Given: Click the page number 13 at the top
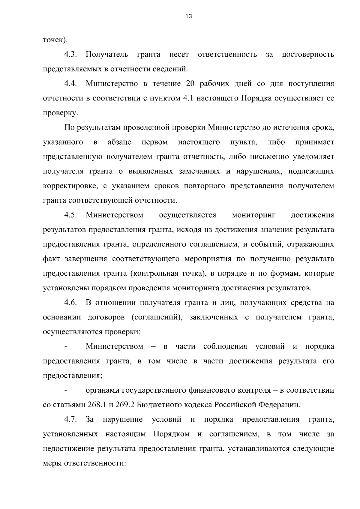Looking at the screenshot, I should pyautogui.click(x=189, y=16).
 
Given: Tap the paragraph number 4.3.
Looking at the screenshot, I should pyautogui.click(x=70, y=55).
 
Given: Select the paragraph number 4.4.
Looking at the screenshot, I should pyautogui.click(x=70, y=84).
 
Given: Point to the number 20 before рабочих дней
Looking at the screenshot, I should pyautogui.click(x=191, y=84).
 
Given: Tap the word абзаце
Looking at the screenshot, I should pyautogui.click(x=119, y=142).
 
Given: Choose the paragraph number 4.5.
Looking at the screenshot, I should pyautogui.click(x=70, y=215).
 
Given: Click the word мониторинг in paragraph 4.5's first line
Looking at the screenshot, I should pyautogui.click(x=254, y=215).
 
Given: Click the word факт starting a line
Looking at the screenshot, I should pyautogui.click(x=51, y=259).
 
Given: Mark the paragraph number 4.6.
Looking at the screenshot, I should pyautogui.click(x=70, y=303).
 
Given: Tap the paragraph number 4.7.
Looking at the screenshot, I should pyautogui.click(x=70, y=419).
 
